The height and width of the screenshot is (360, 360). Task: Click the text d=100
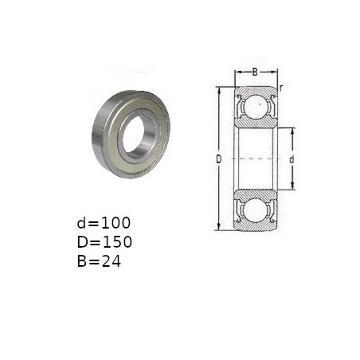[104, 223]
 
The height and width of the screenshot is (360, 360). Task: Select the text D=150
[104, 242]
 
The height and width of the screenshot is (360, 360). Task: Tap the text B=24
[99, 261]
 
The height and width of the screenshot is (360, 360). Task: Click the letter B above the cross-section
[255, 72]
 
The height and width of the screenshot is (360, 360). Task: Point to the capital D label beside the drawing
[218, 159]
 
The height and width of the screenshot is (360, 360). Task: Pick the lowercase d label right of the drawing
[292, 159]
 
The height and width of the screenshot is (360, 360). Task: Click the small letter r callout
[281, 88]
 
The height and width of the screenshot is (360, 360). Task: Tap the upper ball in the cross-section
[256, 106]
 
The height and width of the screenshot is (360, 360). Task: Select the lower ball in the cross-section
[256, 210]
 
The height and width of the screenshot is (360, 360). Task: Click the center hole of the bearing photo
[133, 135]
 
